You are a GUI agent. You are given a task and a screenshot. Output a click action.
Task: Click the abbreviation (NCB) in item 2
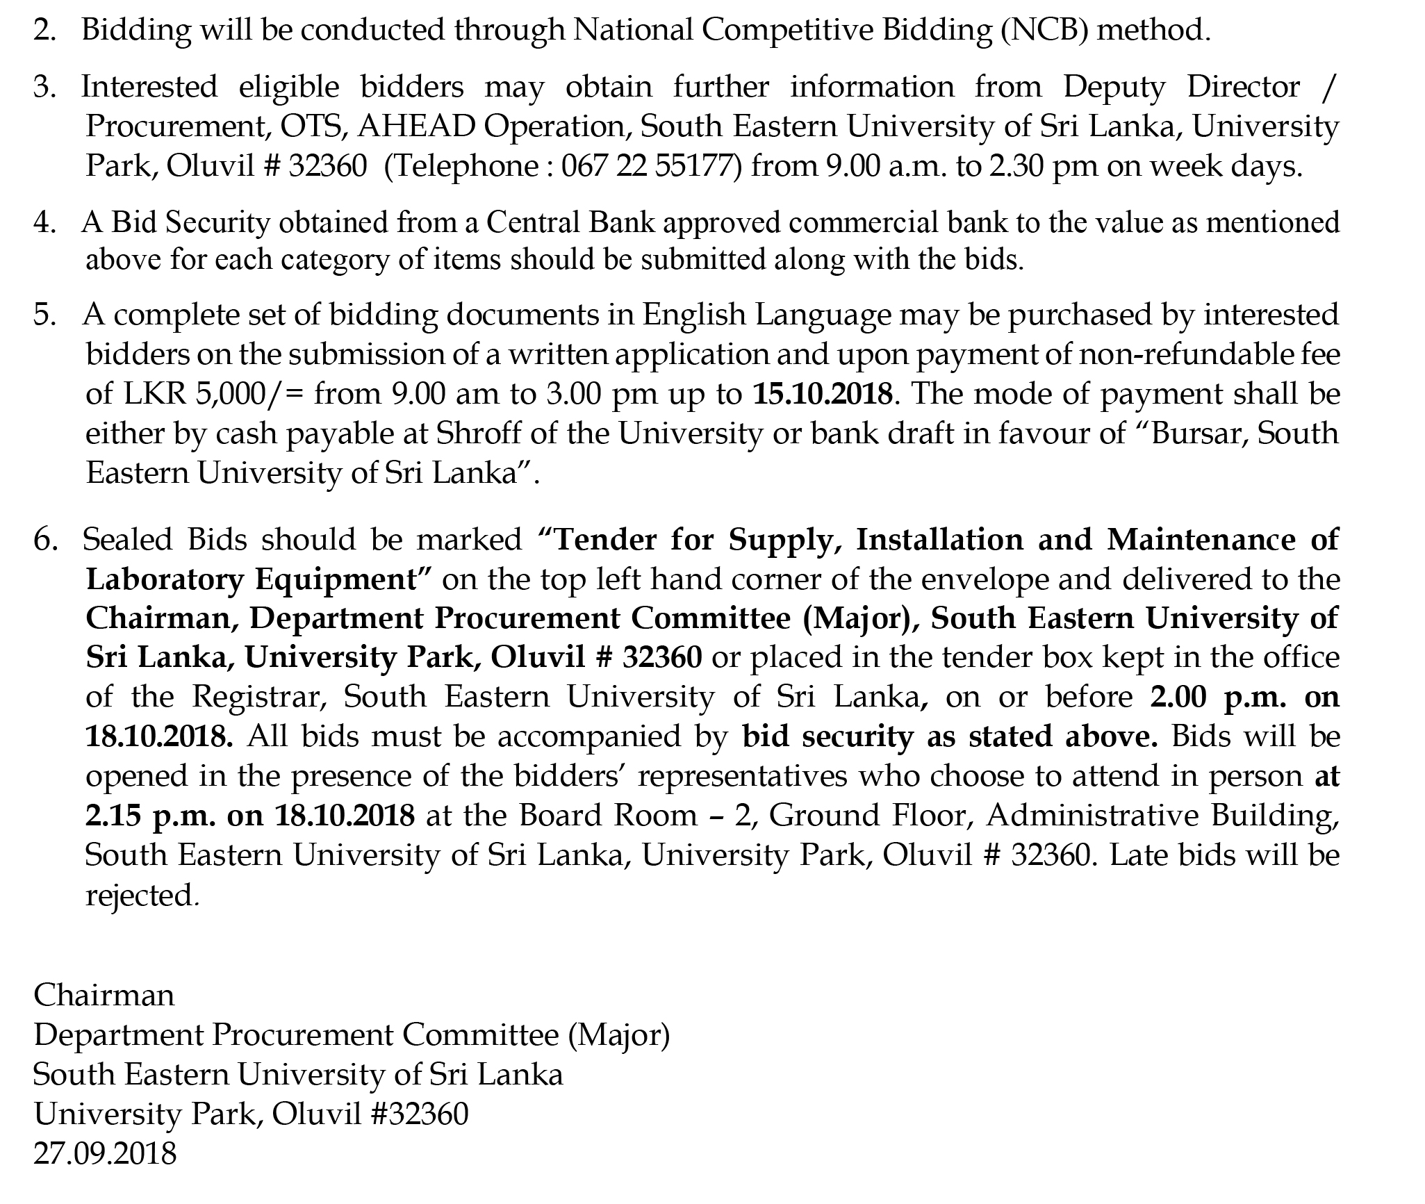coord(1044,30)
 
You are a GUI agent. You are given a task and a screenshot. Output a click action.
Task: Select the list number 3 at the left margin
coord(44,88)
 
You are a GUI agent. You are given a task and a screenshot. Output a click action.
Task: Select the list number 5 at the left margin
coord(44,315)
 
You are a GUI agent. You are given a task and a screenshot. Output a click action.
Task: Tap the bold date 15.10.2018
coord(822,394)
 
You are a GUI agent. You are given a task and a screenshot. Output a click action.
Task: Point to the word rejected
coord(140,896)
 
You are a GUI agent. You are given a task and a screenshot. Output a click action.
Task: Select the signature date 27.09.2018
coord(105,1153)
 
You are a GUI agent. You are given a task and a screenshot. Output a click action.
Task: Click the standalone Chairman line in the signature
coord(104,995)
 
